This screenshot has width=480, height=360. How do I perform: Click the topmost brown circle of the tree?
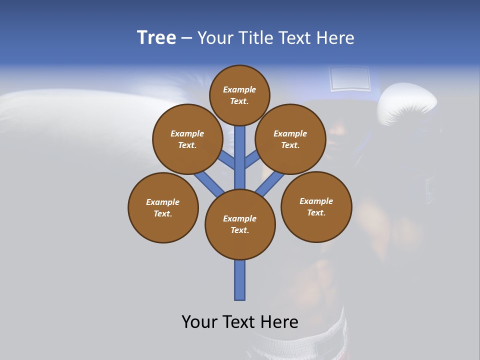[239, 95]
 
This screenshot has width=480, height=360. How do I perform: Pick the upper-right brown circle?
[290, 139]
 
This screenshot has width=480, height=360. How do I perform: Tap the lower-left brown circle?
[163, 207]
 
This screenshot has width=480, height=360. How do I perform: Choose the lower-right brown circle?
[316, 206]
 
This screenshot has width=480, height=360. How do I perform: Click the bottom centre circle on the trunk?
[240, 224]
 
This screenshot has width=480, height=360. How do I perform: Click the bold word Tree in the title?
[156, 37]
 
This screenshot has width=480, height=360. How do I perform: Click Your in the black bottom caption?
[199, 322]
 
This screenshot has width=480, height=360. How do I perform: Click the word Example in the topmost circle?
[239, 89]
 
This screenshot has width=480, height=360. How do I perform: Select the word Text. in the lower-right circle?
[316, 212]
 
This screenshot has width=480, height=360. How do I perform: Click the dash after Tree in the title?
[186, 38]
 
